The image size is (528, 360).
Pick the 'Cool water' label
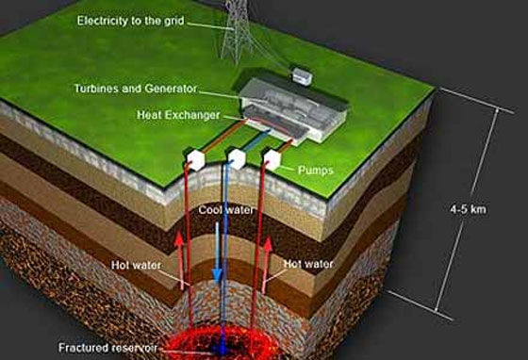pyautogui.click(x=227, y=211)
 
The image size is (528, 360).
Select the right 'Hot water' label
pyautogui.click(x=305, y=266)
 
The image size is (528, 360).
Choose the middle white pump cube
pyautogui.click(x=237, y=155)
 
